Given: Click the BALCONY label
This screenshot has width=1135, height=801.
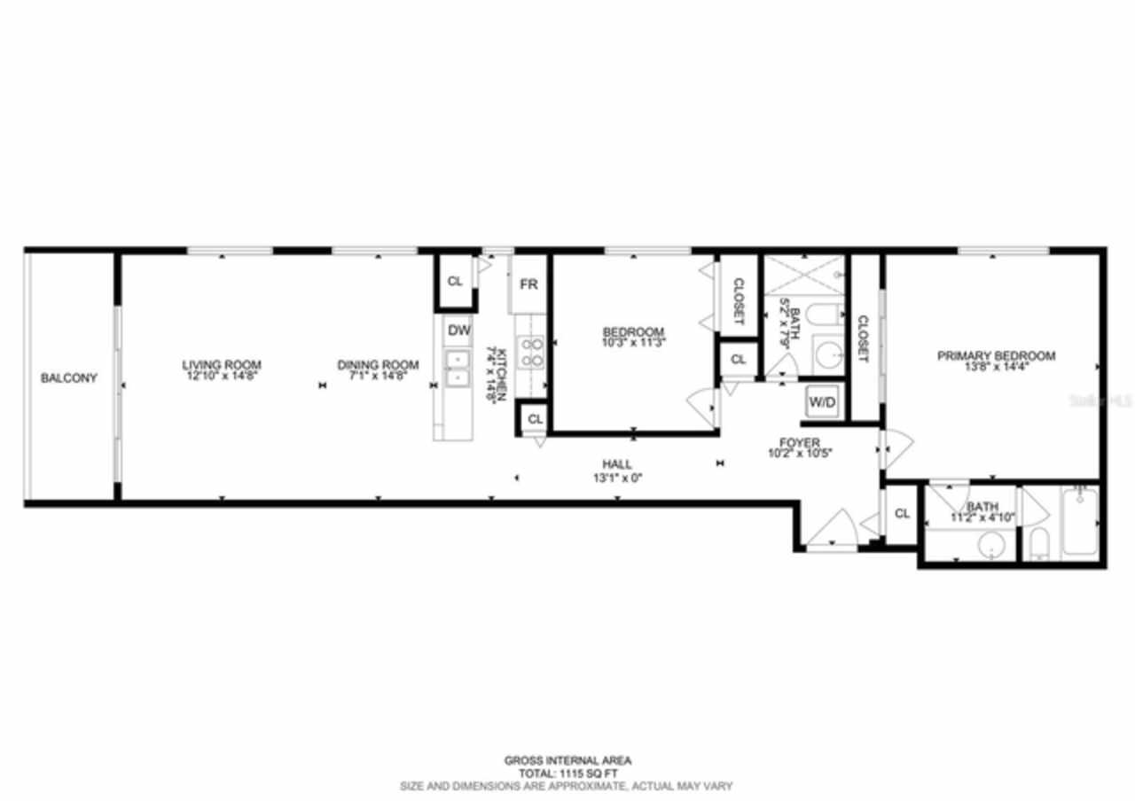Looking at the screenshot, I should point(69,378).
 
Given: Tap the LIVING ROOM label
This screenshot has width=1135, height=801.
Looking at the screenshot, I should point(222,364).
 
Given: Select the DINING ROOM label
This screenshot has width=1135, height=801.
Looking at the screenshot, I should point(377,364).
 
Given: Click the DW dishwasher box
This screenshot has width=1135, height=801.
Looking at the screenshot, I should point(458,331).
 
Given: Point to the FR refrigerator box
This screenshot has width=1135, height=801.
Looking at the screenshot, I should point(528,284).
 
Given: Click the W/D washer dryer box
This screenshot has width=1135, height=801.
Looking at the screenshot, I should point(821,402).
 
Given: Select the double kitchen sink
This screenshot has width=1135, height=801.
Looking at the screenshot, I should point(458,369).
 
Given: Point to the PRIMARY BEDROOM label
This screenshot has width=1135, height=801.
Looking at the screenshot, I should point(997,355).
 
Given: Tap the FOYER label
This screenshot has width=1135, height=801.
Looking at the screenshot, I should point(799,442).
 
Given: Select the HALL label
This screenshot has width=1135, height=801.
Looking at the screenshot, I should point(616,464).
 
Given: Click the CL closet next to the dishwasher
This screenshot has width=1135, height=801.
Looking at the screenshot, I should point(455,282).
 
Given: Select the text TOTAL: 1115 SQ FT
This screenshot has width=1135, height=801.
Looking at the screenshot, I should point(567,773).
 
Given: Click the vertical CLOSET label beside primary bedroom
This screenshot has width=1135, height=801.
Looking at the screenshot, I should point(863,338).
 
